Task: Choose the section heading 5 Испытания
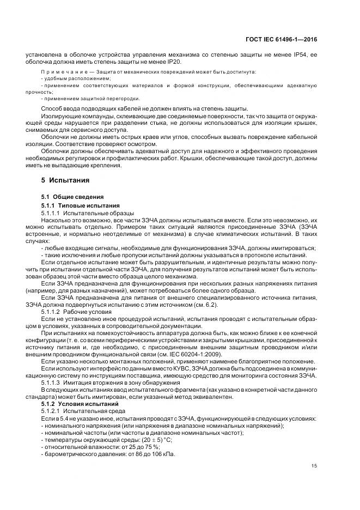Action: click(65, 179)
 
